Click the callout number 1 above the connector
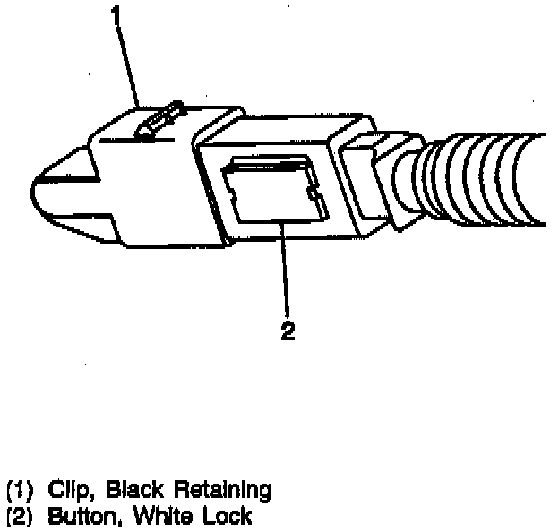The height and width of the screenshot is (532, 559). [x=116, y=15]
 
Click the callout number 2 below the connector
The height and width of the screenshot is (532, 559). [x=288, y=330]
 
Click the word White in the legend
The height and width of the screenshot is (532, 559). [x=153, y=516]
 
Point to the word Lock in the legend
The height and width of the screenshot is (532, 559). [x=219, y=516]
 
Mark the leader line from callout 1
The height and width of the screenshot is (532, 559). [x=128, y=63]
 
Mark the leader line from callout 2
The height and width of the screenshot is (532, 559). [x=286, y=269]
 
